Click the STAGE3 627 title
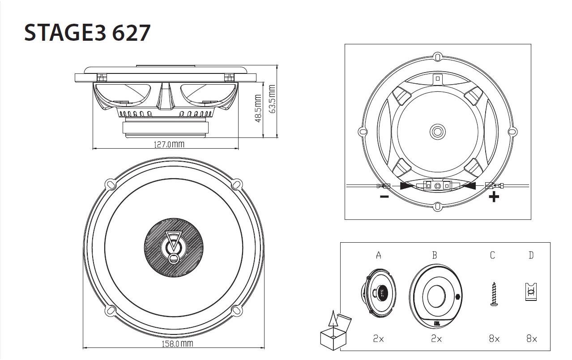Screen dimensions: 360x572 pyautogui.click(x=87, y=33)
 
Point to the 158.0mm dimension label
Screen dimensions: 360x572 pyautogui.click(x=177, y=344)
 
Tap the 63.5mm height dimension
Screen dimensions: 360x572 pyautogui.click(x=272, y=99)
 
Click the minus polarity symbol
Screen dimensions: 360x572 pyautogui.click(x=384, y=197)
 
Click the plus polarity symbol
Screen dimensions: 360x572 pyautogui.click(x=494, y=197)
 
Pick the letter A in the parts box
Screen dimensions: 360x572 pyautogui.click(x=379, y=255)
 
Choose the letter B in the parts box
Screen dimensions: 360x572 pyautogui.click(x=435, y=255)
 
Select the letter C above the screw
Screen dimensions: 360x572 pyautogui.click(x=493, y=255)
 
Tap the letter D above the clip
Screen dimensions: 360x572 pyautogui.click(x=531, y=255)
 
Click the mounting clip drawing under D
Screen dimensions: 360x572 pyautogui.click(x=531, y=291)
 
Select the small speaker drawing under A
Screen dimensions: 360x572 pyautogui.click(x=378, y=294)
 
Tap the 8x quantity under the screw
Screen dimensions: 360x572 pyautogui.click(x=494, y=339)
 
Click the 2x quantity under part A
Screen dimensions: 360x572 pyautogui.click(x=378, y=339)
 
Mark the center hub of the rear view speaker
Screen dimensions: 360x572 pyautogui.click(x=437, y=132)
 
